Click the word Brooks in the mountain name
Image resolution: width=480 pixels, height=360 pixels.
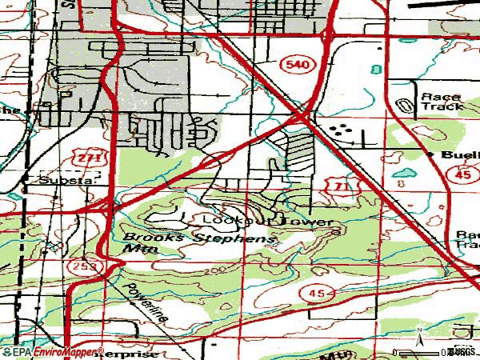153,238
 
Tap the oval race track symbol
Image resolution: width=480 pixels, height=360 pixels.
406,104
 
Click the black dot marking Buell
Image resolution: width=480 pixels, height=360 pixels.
430,153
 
